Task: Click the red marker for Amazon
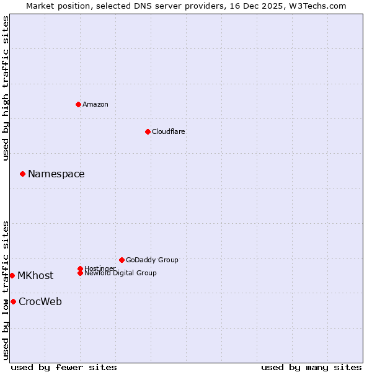click(x=78, y=104)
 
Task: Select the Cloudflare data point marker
click(x=148, y=131)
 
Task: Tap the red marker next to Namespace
click(x=22, y=174)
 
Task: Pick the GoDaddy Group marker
click(x=122, y=260)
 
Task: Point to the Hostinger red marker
click(x=80, y=268)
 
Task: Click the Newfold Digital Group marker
click(x=80, y=273)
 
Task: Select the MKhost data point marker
click(x=12, y=275)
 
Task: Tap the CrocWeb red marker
click(x=13, y=301)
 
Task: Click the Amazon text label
click(x=95, y=104)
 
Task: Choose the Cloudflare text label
click(x=169, y=131)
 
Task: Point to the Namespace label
click(x=56, y=174)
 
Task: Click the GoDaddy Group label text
click(x=152, y=260)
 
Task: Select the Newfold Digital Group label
click(x=121, y=273)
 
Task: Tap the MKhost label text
click(x=35, y=275)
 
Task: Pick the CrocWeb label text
click(x=40, y=302)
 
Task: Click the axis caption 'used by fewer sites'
click(x=64, y=367)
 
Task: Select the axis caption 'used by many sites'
click(x=311, y=367)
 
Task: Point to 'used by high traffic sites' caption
click(x=6, y=88)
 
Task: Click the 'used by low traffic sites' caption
click(x=6, y=290)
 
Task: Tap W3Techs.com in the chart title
click(x=316, y=6)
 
